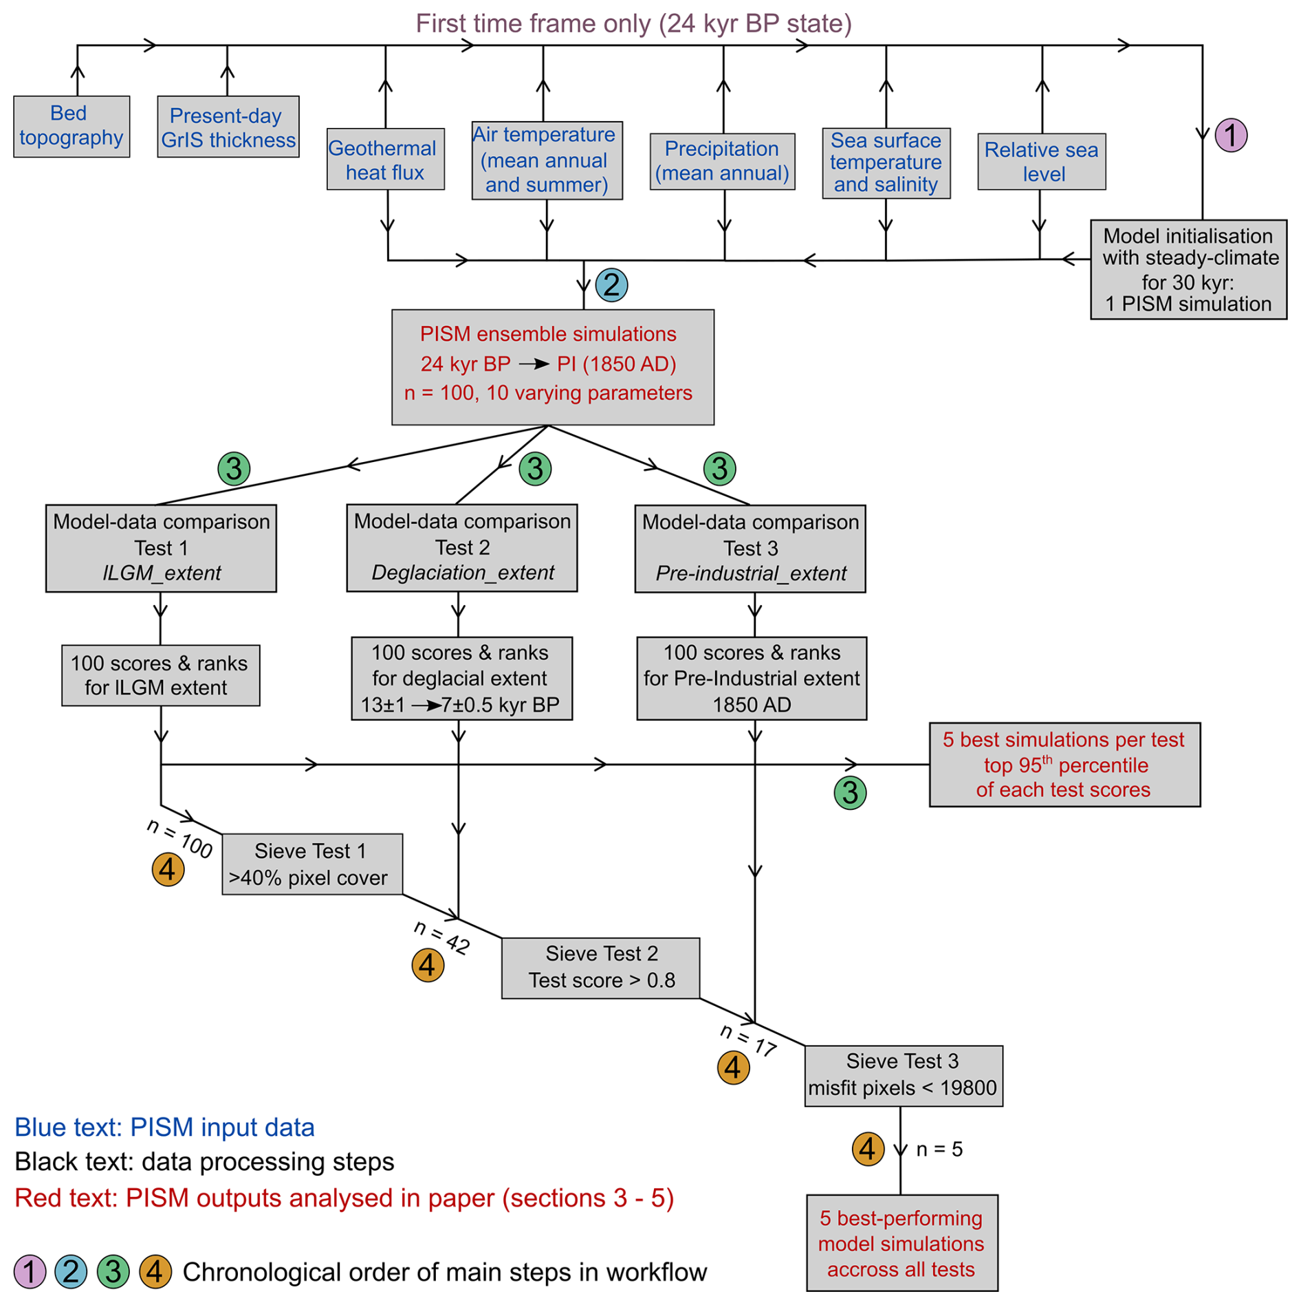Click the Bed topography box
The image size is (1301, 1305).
72,126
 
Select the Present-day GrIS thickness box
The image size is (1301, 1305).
228,127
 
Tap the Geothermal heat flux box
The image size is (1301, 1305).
385,160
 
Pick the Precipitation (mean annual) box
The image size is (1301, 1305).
722,162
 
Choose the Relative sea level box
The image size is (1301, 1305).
1041,162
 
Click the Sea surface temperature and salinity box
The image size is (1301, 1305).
886,163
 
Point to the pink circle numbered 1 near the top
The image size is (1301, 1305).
1230,135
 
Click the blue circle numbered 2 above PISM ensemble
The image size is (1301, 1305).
611,285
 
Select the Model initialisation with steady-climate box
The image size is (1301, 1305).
1188,270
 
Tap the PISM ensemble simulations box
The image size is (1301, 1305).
552,366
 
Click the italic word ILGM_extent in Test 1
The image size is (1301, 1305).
162,573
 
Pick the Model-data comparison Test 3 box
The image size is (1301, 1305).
750,549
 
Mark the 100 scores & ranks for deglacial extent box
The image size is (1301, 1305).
461,678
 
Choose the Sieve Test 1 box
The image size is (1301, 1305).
311,864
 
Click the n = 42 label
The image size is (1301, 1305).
442,936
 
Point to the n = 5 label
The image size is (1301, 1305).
939,1150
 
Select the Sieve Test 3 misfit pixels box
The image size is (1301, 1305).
903,1075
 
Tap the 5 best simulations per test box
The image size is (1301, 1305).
1064,765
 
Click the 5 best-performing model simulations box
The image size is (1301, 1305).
901,1243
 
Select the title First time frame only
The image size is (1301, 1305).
633,24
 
